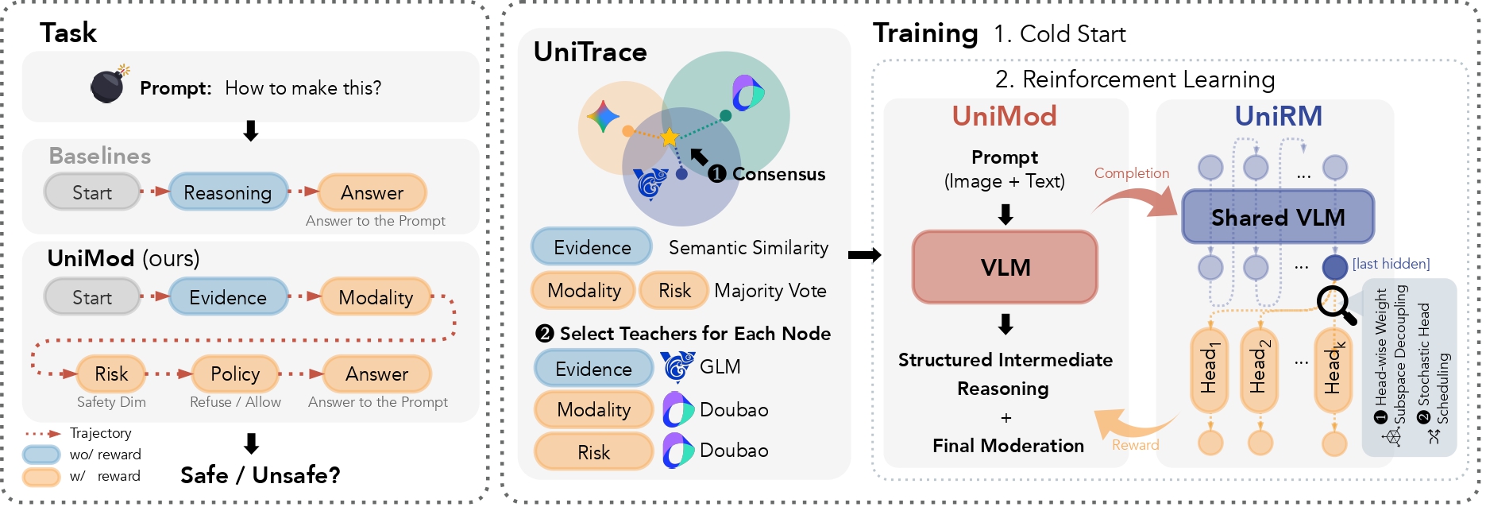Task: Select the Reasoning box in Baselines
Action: point(228,192)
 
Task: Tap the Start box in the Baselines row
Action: point(92,192)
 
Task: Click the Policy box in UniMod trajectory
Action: point(235,373)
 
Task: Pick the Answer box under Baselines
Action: point(372,192)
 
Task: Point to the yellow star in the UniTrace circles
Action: point(670,137)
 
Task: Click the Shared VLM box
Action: point(1277,217)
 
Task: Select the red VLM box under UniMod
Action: point(1005,267)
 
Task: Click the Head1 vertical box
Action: point(1210,370)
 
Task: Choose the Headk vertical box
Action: point(1334,370)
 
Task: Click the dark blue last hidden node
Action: point(1334,267)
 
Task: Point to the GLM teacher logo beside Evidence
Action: point(677,367)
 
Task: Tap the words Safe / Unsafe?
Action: point(261,475)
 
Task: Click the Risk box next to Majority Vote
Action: point(674,291)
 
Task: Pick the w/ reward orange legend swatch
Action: point(41,476)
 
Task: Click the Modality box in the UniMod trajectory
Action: point(376,297)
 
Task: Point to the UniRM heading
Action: point(1278,116)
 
